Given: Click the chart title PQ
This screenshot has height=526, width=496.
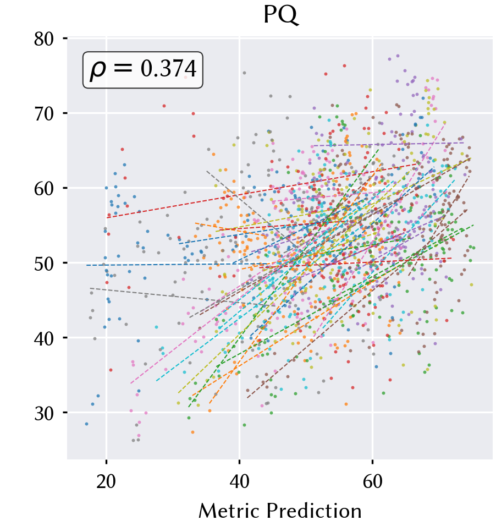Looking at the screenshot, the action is coord(280,15).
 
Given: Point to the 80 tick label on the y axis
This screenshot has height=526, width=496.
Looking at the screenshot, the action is coord(44,39).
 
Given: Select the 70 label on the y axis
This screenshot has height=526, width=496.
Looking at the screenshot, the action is coord(44,114).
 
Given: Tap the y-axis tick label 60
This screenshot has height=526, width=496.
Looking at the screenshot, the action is coord(44,189).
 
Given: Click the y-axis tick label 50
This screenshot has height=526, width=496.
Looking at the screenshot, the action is coord(44,264).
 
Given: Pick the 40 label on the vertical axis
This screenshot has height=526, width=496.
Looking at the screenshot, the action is coord(44,338).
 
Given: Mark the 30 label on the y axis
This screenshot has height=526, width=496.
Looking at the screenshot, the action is coord(44,413).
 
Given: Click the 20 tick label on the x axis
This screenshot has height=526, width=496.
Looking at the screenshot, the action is coord(106,481).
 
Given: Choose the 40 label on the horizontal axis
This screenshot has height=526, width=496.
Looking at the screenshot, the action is coord(239,481).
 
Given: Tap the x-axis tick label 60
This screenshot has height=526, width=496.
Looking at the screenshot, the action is coord(373,481).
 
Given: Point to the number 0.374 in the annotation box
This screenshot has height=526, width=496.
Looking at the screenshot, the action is coord(168,69).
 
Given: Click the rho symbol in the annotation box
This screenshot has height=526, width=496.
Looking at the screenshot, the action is coord(98,70).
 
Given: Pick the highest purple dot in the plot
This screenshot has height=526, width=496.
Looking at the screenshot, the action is coord(398,56).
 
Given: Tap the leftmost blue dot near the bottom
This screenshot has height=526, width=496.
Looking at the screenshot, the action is coord(86,424).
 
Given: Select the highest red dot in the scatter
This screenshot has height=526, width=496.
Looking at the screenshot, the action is coord(344,66).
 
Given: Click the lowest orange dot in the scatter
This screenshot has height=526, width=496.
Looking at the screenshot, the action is coord(192,432).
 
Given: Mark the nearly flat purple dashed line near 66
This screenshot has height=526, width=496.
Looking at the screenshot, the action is coord(387,144).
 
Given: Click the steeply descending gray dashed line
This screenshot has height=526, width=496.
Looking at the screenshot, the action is coord(252,209).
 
